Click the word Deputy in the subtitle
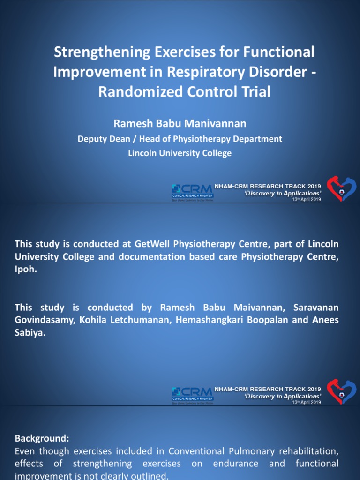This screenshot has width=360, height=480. (x=92, y=139)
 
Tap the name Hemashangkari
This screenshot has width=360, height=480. (x=211, y=321)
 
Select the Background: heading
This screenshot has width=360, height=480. (x=42, y=438)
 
